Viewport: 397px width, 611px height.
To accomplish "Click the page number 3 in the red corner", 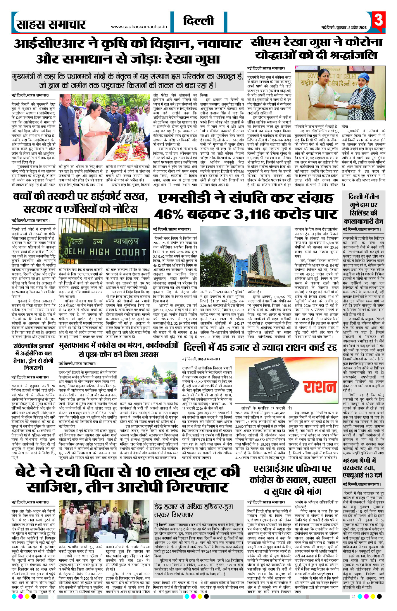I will pos(379,20).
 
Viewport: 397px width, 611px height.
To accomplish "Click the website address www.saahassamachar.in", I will pos(139,27).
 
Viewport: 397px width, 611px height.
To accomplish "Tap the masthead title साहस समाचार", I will pos(51,25).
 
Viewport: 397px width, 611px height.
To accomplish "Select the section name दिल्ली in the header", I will pos(198,21).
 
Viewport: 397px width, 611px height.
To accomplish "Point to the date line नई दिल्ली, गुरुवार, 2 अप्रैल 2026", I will pos(344,28).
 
